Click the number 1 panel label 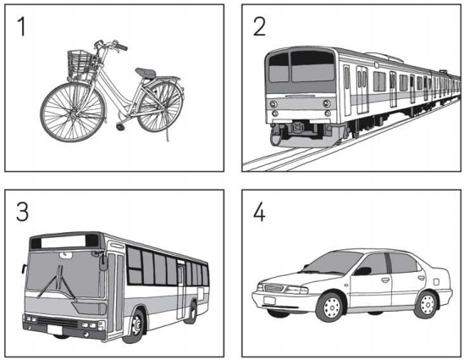tap(21, 26)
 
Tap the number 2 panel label tap(259, 26)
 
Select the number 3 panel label tap(23, 212)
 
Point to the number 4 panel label tap(259, 212)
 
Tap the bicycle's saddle tap(146, 73)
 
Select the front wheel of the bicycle tap(73, 112)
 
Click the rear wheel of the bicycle tap(160, 106)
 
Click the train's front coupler tap(298, 127)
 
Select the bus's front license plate tap(55, 330)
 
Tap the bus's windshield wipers tap(58, 282)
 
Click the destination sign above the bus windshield tap(64, 241)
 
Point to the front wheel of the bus tap(135, 326)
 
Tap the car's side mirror tap(362, 271)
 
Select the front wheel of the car tap(331, 307)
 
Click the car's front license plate tap(269, 301)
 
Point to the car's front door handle tap(385, 280)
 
